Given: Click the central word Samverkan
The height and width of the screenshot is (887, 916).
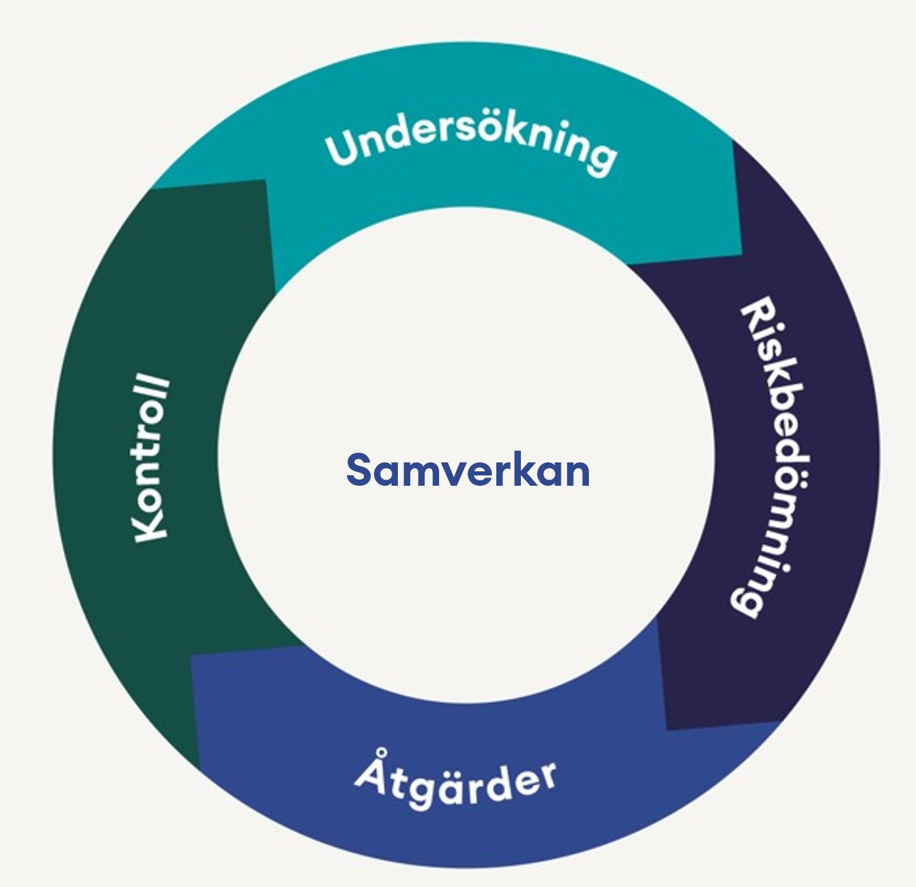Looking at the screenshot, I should coord(468,471).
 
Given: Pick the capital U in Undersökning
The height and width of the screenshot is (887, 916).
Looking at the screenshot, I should coord(343,148).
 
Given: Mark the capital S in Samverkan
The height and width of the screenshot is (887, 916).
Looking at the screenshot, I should coord(361,471).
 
